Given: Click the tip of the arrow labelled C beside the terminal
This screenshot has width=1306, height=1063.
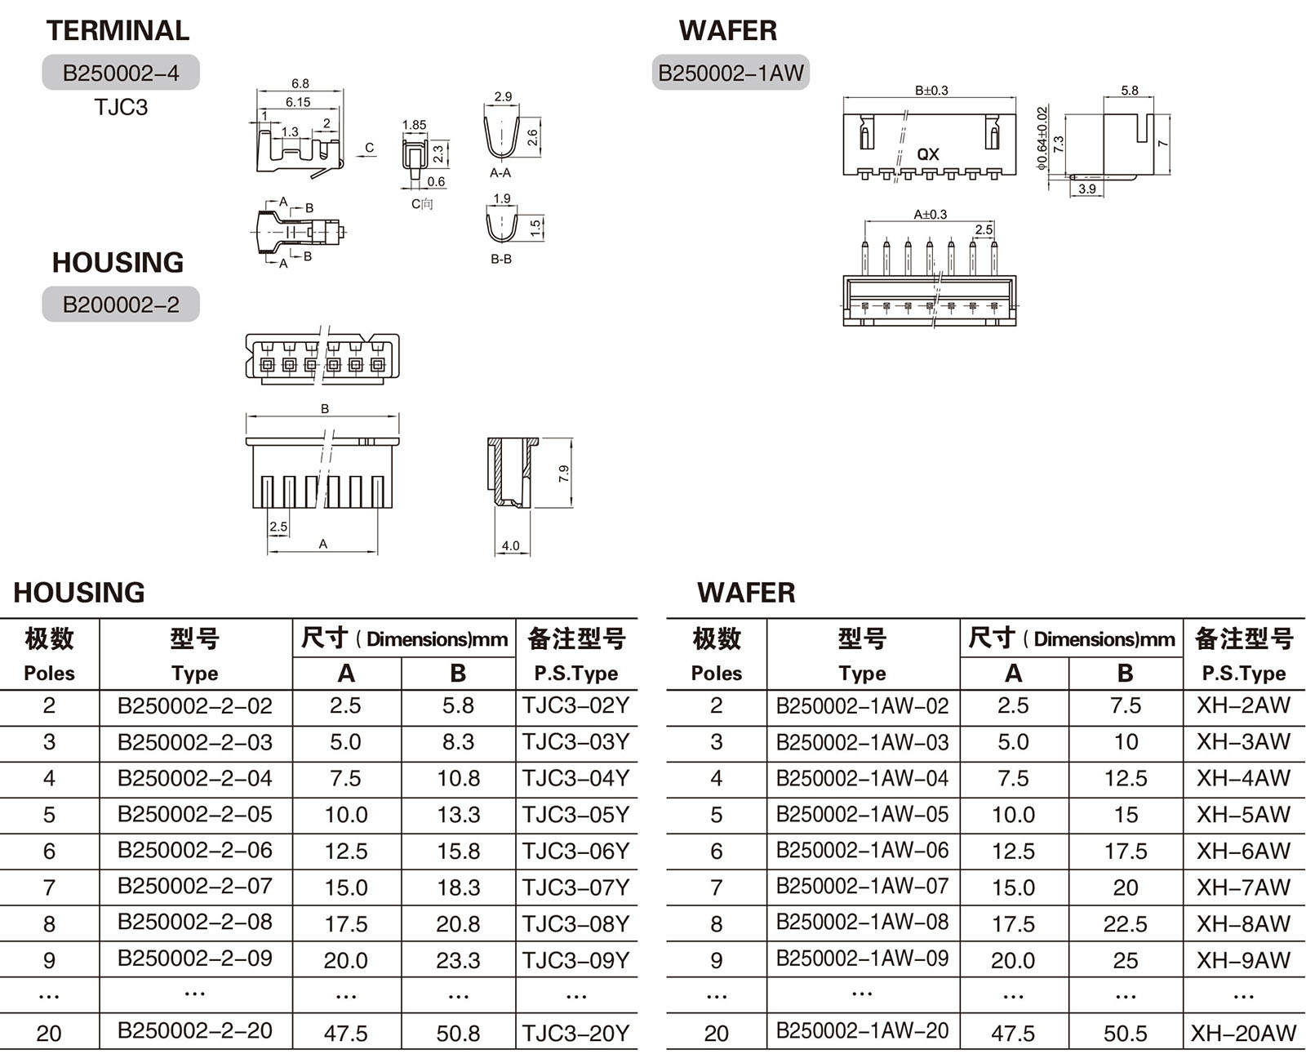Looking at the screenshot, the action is pos(356,157).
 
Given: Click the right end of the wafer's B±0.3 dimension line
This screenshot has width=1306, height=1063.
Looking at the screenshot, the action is pos(1015,97).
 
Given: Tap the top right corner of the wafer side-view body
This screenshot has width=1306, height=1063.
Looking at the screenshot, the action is pos(1153,114).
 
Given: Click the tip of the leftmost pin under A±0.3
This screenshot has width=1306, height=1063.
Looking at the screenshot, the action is pos(865,241).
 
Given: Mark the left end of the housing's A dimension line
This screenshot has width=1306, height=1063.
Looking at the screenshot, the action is pos(268,552).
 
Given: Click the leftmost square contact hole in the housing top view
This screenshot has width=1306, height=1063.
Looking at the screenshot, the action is pos(268,366).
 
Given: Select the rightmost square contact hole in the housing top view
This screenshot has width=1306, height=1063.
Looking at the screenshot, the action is pos(378,366).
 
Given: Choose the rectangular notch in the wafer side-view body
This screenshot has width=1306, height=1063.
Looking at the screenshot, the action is pos(1141,128).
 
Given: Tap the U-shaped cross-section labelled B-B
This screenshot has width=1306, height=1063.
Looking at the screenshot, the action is pos(501,228).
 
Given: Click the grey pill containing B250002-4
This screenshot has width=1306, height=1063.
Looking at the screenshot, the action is pos(121,73).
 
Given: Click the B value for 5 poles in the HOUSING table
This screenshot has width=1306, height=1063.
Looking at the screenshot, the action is pos(458,815).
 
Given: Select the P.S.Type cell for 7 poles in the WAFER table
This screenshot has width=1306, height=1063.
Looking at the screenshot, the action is pos(1243,887).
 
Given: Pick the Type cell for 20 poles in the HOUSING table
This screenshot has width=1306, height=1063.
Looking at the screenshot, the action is pos(195,1030).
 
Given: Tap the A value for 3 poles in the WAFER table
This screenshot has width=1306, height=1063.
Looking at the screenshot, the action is pos(1013,741).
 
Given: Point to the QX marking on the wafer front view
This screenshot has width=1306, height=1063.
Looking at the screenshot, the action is pos(928,154).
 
